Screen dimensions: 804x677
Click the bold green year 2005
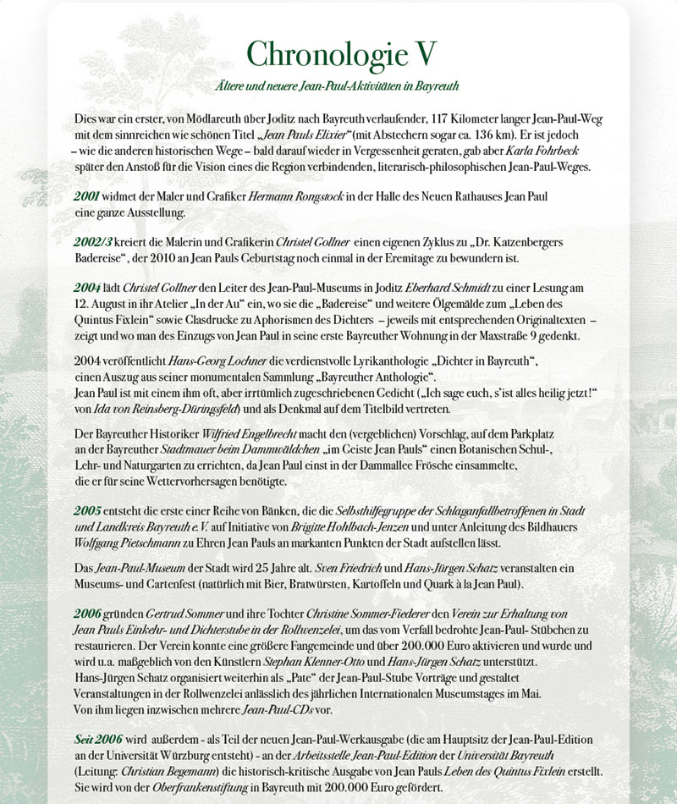tap(87, 512)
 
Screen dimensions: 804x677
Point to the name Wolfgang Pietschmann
tap(129, 542)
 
